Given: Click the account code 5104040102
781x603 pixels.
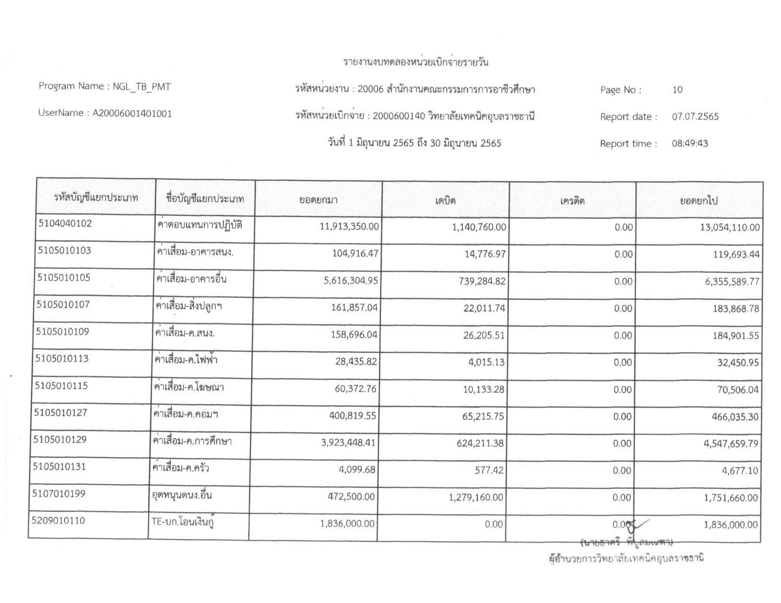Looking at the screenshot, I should (64, 224).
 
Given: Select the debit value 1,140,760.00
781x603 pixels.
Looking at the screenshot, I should (479, 227).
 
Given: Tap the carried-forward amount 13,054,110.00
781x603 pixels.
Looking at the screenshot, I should (729, 227).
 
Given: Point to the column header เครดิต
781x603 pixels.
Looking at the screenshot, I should (572, 201).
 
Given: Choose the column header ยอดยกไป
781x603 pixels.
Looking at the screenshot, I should (699, 201).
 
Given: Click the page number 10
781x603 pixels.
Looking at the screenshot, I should (677, 90).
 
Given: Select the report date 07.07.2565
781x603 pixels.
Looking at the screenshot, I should (695, 117).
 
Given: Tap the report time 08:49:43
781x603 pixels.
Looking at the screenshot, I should (690, 144).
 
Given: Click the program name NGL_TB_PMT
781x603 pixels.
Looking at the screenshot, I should (142, 87).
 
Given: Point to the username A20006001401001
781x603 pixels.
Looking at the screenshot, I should (132, 114).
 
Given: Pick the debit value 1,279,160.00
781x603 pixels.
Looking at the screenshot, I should (476, 498).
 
